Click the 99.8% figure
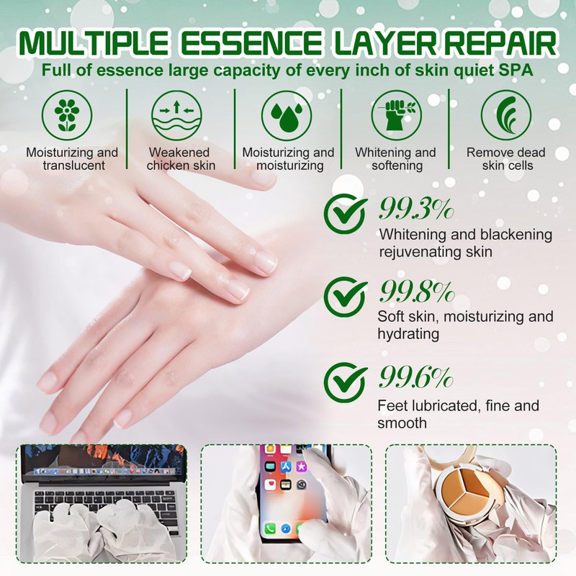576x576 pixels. tap(415, 292)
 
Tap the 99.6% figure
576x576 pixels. tap(415, 377)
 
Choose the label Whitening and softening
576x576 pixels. tap(395, 158)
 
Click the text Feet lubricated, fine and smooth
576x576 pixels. tap(458, 415)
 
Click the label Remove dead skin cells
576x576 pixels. tap(505, 158)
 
